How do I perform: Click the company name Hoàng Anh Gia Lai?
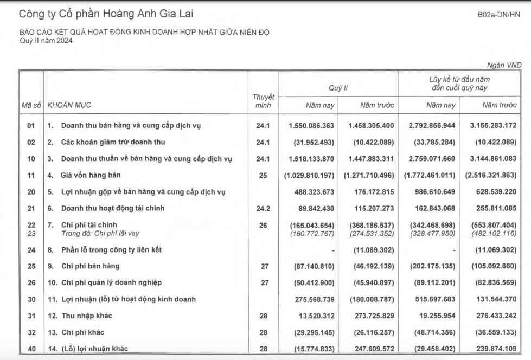[x=106, y=14]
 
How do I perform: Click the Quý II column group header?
[x=338, y=87]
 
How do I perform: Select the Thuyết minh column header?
[x=263, y=101]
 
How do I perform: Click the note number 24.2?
[x=263, y=208]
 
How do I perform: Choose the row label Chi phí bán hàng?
[x=90, y=266]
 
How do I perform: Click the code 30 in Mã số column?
[x=31, y=299]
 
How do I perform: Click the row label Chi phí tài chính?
[x=89, y=224]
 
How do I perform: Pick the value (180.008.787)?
[x=369, y=299]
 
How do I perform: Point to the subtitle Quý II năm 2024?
[x=46, y=41]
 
